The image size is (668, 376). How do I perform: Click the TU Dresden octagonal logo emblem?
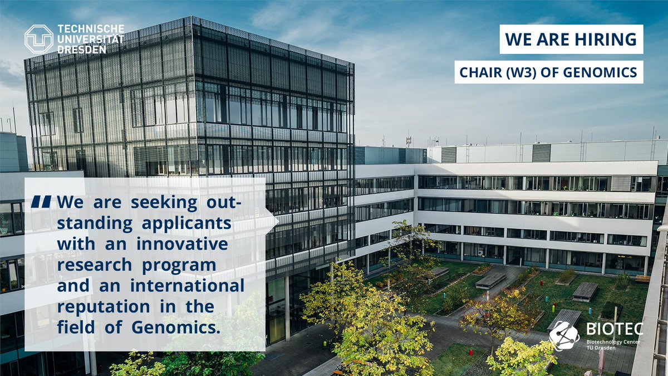point(39,39)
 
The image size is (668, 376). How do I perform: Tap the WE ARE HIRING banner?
point(571,40)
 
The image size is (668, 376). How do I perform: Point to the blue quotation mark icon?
point(41,202)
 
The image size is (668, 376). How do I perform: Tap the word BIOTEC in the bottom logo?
point(614,329)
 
